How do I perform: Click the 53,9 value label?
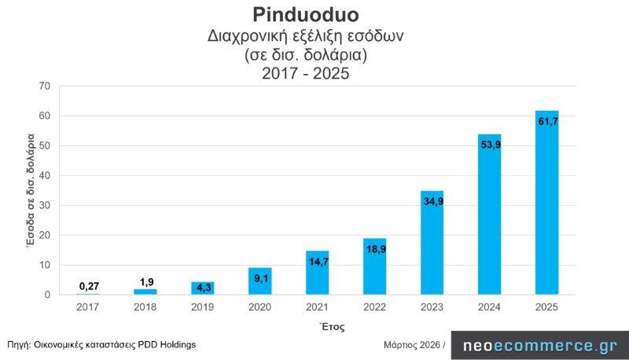489,145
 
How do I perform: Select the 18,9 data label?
374,249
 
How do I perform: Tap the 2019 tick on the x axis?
202,307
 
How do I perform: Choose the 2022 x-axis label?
374,307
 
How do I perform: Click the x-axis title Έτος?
331,325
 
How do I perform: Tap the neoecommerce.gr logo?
539,345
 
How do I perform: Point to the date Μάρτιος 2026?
412,344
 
